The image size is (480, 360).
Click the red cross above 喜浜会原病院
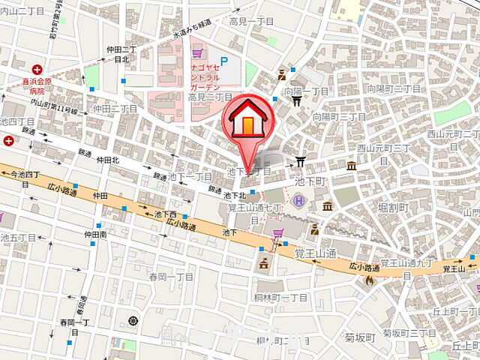37,69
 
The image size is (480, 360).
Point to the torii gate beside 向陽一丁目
296,100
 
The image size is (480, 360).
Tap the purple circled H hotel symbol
298,200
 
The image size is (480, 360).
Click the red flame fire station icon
368,279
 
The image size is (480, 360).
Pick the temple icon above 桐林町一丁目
263,263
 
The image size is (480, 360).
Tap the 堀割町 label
392,206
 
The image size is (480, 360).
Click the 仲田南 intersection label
95,234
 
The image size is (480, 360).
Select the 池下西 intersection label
165,214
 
